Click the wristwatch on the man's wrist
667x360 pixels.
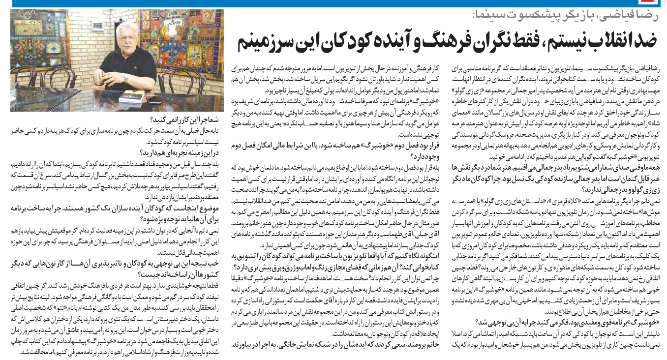(x=126, y=77)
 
